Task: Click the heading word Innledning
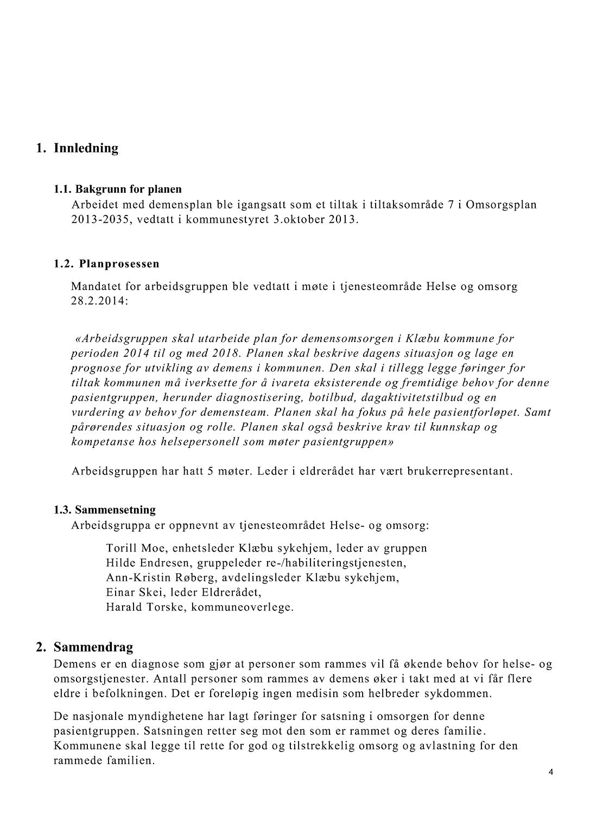(86, 148)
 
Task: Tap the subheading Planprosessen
(119, 264)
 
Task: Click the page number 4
(551, 773)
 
